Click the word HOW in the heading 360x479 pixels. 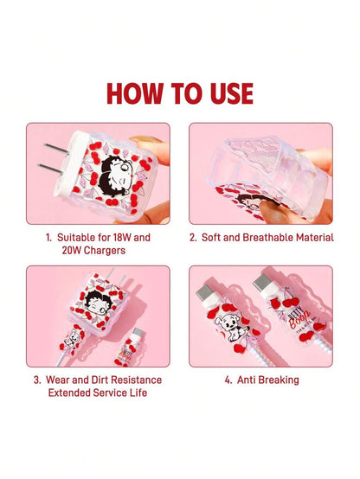[x=135, y=93]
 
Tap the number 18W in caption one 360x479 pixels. [x=122, y=238]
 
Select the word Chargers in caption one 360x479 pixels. [x=105, y=251]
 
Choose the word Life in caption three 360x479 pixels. [x=138, y=393]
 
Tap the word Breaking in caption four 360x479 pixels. [x=279, y=380]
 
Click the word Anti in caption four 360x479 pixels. [x=246, y=380]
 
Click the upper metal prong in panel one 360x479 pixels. [x=56, y=149]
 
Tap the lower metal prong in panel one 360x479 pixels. [x=50, y=169]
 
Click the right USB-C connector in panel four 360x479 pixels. [x=262, y=282]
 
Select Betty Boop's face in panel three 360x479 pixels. [x=97, y=302]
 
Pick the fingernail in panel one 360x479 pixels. [x=145, y=140]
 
